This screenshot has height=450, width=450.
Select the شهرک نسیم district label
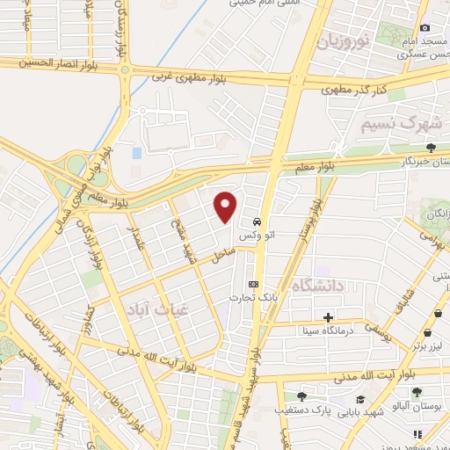pyautogui.click(x=397, y=124)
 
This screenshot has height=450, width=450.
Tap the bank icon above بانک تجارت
pyautogui.click(x=254, y=284)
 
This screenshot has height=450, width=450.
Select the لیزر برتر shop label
pyautogui.click(x=428, y=346)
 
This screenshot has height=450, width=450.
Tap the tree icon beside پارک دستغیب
pyautogui.click(x=301, y=396)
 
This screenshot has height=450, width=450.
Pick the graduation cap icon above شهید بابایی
pyautogui.click(x=360, y=399)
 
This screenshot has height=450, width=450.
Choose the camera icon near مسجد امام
pyautogui.click(x=425, y=29)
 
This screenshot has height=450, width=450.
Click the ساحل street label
pyautogui.click(x=221, y=255)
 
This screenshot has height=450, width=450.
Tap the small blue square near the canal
pyautogui.click(x=137, y=153)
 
